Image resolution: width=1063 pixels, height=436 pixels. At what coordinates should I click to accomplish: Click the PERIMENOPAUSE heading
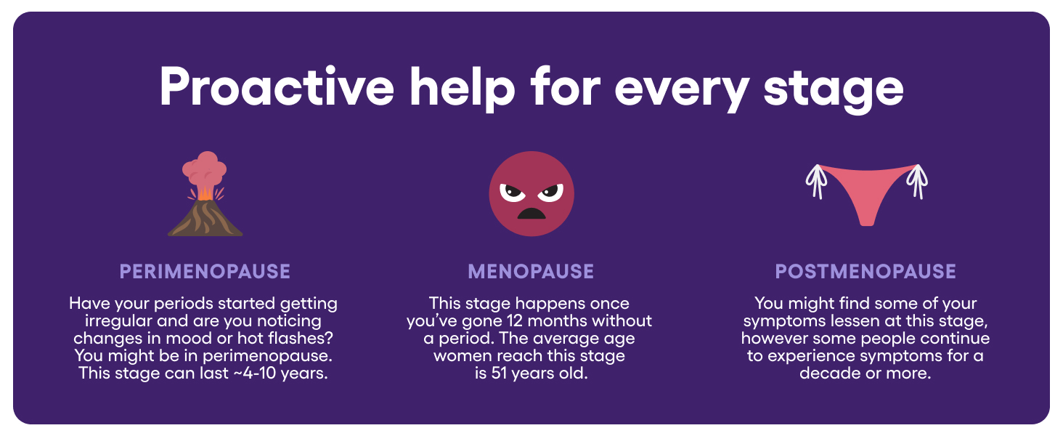(205, 272)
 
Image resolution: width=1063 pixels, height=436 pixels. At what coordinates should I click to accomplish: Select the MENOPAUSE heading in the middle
(531, 272)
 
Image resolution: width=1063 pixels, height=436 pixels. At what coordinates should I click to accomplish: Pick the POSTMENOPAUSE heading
(866, 272)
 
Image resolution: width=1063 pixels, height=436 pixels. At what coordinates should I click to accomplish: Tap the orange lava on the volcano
(205, 193)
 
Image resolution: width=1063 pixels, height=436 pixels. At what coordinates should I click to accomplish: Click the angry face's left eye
(511, 193)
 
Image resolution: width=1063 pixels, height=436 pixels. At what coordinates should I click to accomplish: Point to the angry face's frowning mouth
(531, 213)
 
